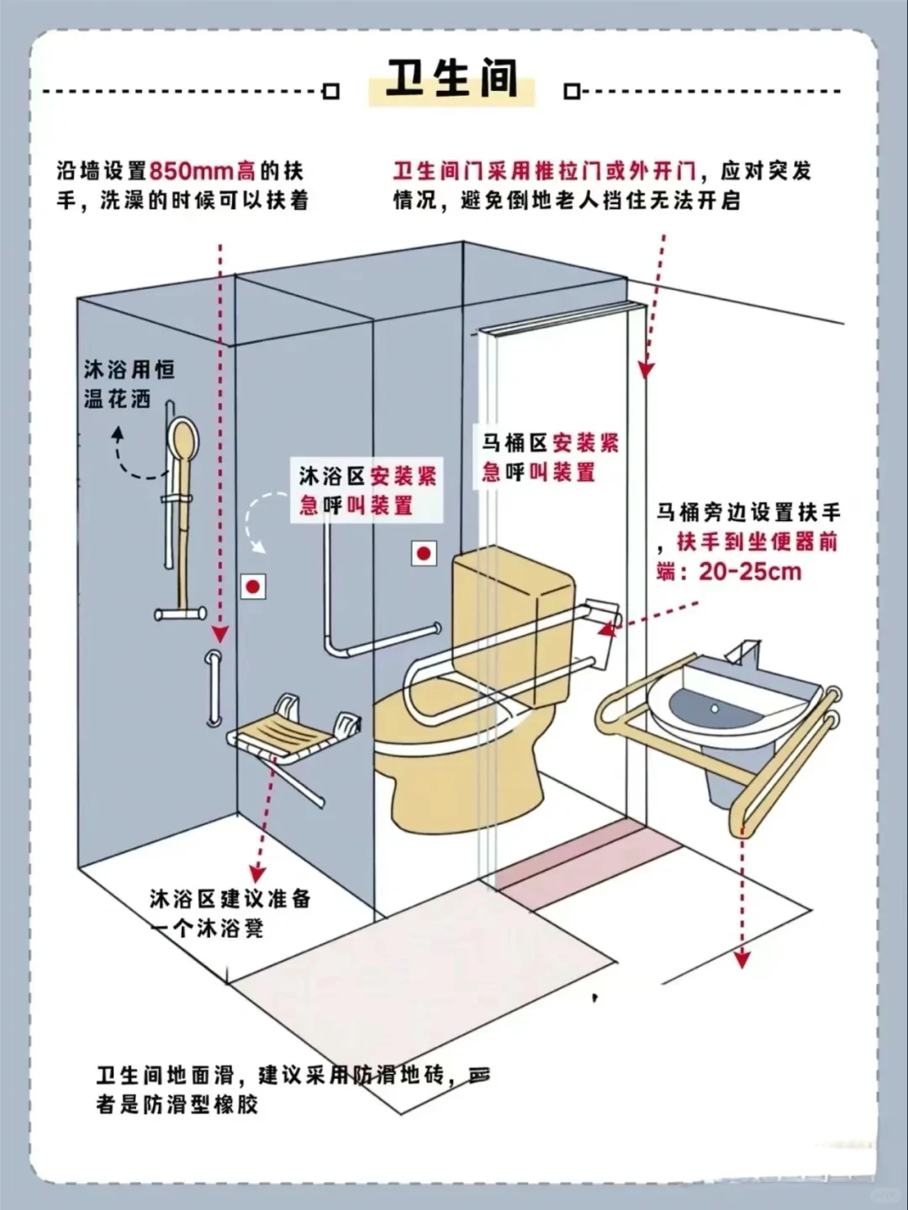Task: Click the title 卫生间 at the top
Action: [451, 80]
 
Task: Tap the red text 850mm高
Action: [202, 171]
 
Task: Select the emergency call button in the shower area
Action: [253, 587]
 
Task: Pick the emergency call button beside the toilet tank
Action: [424, 554]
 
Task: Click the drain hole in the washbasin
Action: [715, 708]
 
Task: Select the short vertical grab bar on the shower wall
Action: [214, 687]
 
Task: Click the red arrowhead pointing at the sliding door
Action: [645, 369]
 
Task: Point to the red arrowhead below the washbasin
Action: [742, 958]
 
